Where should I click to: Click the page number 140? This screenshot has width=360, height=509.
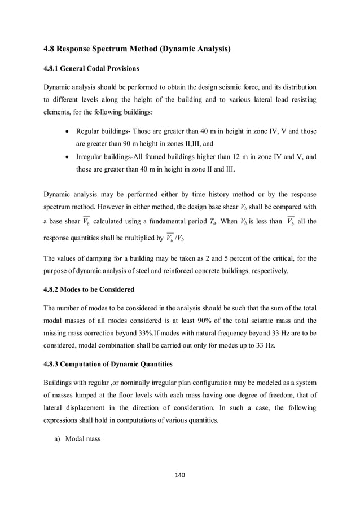[x=180, y=476]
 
